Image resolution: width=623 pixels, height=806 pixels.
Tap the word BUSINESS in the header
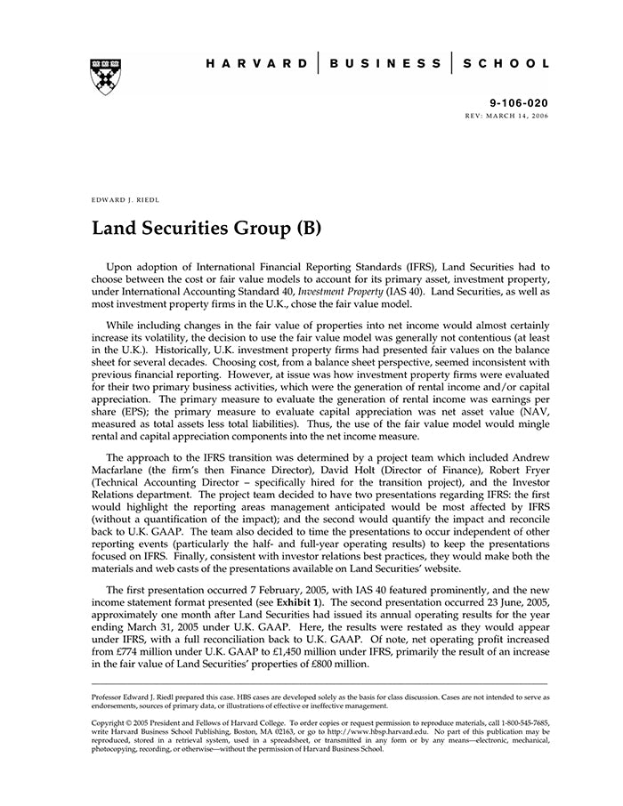pyautogui.click(x=384, y=64)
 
